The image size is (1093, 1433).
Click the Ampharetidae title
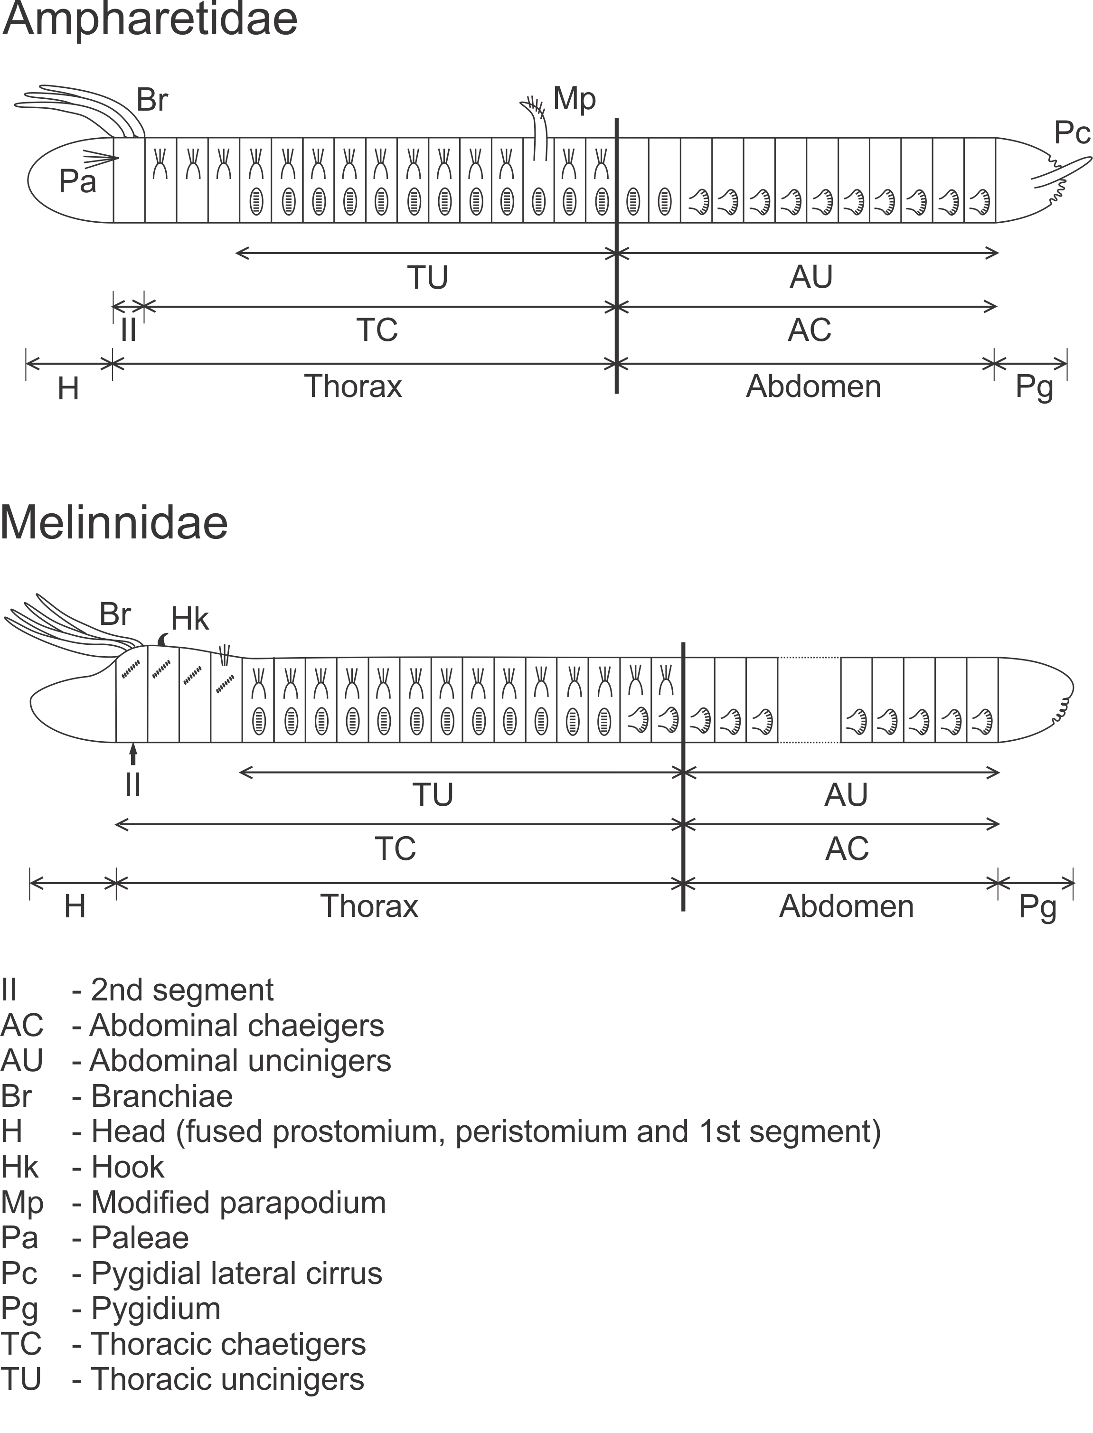click(x=150, y=19)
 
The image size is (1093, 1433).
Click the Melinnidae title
click(x=114, y=522)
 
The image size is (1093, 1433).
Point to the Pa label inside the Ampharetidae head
click(x=77, y=181)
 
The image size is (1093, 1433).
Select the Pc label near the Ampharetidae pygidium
click(x=1072, y=133)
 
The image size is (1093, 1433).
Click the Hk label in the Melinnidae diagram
click(x=190, y=619)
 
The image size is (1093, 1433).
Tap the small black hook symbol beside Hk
click(x=163, y=640)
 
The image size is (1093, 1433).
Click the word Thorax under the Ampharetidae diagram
click(x=353, y=387)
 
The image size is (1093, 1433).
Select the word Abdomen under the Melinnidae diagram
click(x=847, y=906)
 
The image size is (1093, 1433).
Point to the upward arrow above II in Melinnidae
click(x=133, y=754)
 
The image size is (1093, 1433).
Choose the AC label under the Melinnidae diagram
click(x=847, y=849)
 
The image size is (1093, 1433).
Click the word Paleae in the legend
click(x=140, y=1237)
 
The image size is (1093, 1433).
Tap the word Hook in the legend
click(x=128, y=1167)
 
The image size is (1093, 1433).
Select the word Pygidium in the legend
click(x=155, y=1308)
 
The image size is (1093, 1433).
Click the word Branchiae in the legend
click(x=162, y=1096)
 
